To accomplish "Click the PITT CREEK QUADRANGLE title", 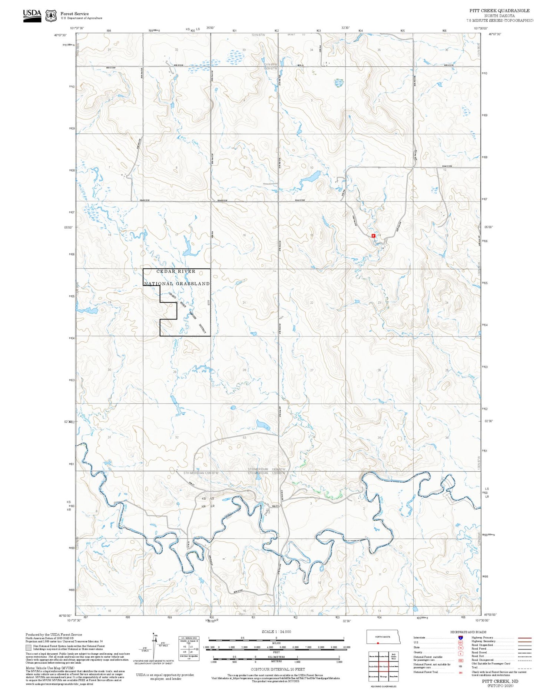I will [499, 11].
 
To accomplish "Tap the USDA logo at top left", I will [32, 16].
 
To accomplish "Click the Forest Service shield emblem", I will [51, 16].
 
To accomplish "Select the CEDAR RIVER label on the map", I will [176, 271].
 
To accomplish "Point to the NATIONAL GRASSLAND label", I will [177, 283].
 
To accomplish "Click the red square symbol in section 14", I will [373, 235].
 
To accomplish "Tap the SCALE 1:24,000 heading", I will [276, 631].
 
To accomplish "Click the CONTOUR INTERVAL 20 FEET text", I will [278, 669].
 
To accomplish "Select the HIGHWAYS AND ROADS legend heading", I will [468, 632].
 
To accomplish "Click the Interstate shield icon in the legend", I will [460, 637].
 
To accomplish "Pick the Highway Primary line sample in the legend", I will [523, 638].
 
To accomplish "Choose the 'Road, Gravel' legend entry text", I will [479, 652].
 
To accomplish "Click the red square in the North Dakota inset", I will [378, 643].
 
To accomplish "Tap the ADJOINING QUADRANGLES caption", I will [383, 686].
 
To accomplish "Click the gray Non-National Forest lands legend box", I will [29, 647].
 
